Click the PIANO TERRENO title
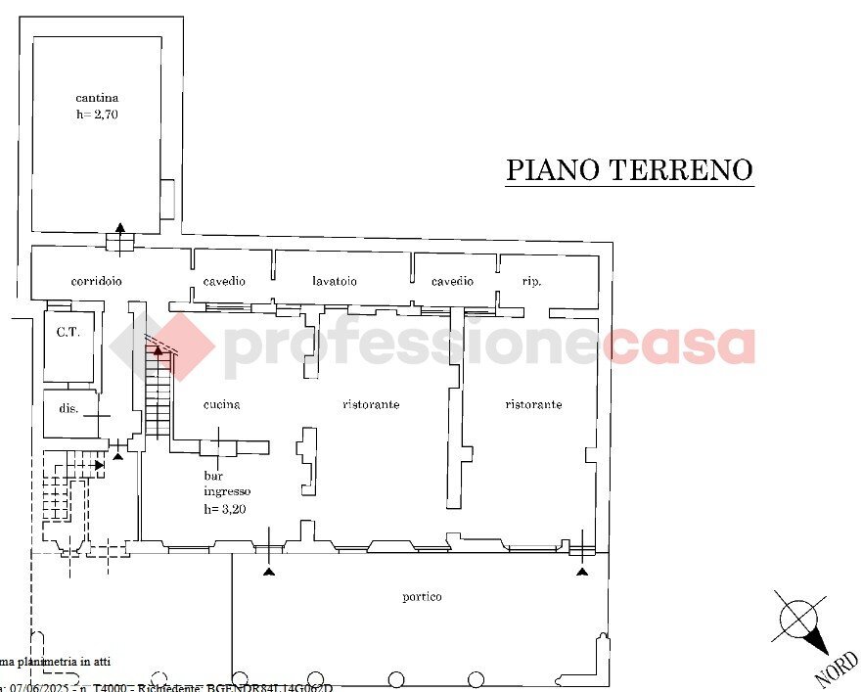coord(629,169)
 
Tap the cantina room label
coord(97,98)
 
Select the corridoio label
coord(96,282)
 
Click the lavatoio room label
coord(335,282)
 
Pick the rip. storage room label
coord(532,282)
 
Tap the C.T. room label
coord(67,332)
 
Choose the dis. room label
coord(68,409)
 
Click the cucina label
coord(221,404)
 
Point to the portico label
coord(422,596)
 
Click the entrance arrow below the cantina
coord(119,228)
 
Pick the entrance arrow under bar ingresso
coord(270,570)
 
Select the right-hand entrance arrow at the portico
coord(584,570)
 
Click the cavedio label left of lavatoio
coord(224,282)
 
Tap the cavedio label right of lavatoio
coord(452,282)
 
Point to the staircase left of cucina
coord(158,396)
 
